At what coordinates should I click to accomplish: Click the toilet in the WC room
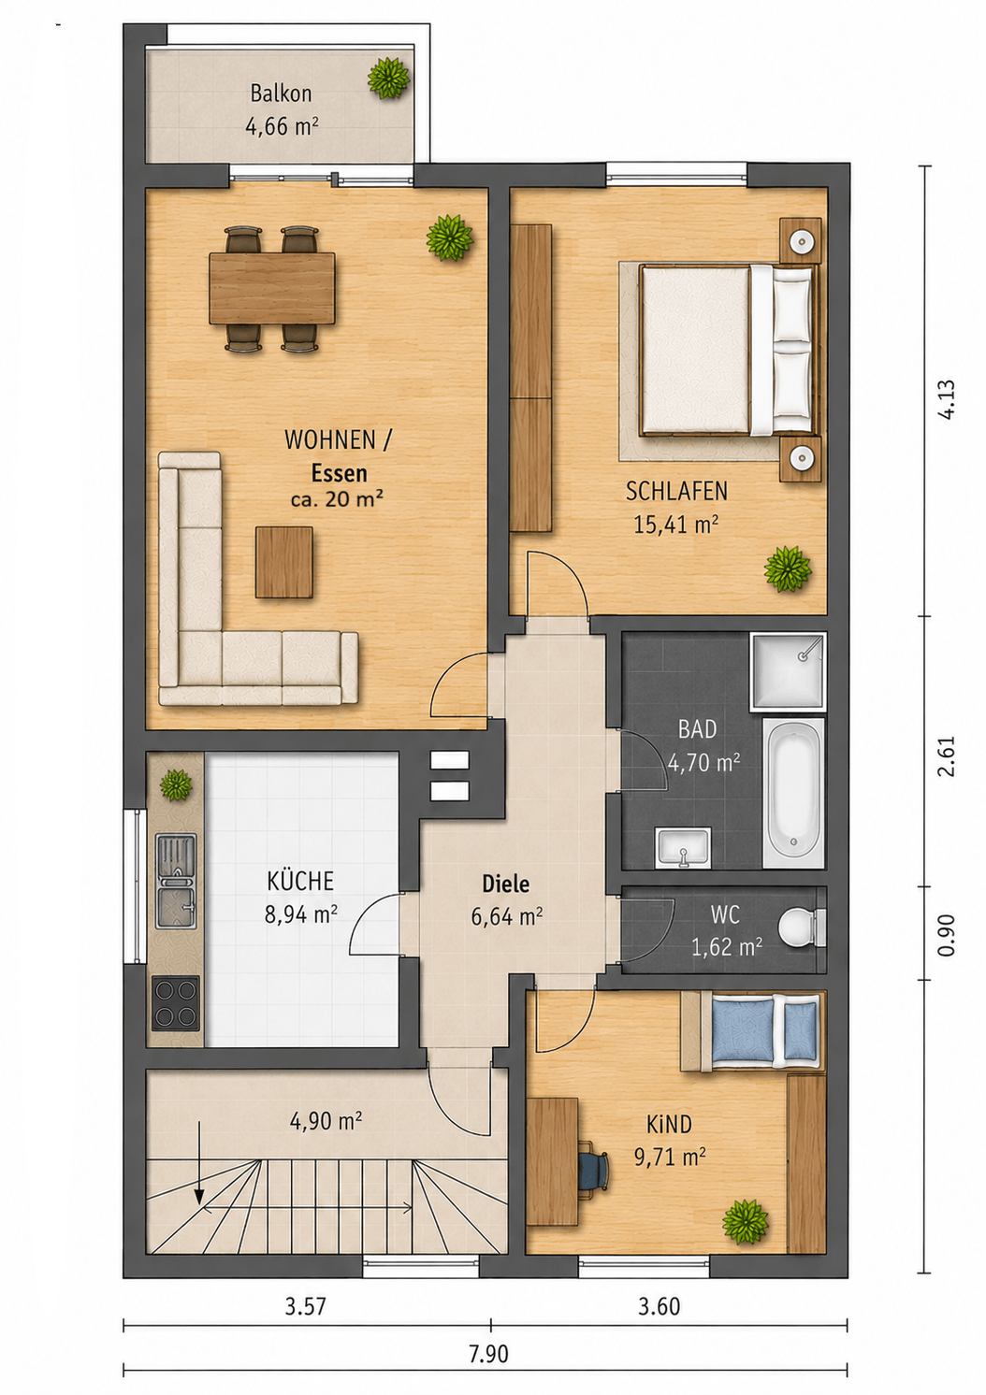tap(802, 928)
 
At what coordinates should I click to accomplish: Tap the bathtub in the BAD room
tap(793, 793)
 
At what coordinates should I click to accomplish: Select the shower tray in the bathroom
tap(788, 671)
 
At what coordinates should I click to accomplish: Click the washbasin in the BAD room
tap(683, 847)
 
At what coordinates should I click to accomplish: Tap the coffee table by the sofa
tap(284, 562)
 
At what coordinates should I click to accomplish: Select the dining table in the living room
tap(271, 288)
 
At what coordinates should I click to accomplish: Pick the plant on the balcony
tap(389, 78)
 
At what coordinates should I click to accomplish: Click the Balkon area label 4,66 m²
tap(283, 127)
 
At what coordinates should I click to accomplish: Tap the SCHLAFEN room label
tap(676, 492)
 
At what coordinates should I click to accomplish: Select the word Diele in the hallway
tap(505, 884)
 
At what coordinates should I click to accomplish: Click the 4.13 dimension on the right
tap(949, 400)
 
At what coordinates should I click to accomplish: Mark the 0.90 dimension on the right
tap(949, 934)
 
